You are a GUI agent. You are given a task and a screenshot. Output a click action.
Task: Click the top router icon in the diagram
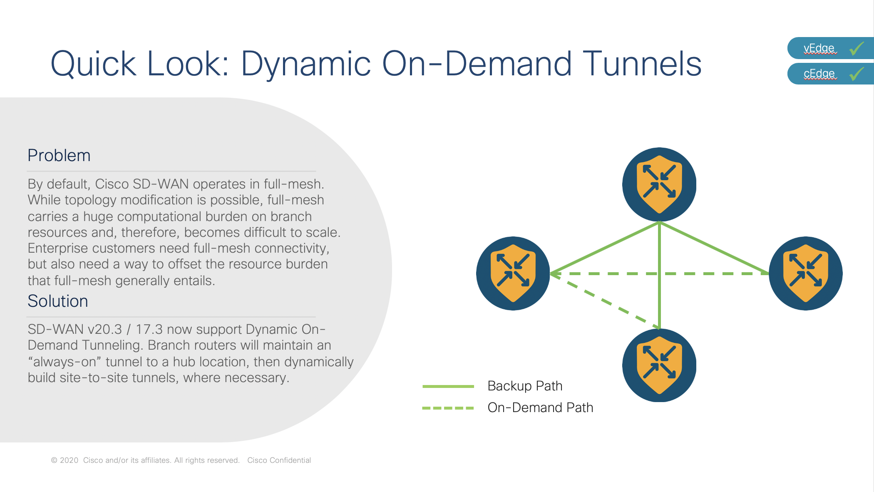(659, 184)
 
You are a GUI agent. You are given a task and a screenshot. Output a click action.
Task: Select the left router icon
(513, 273)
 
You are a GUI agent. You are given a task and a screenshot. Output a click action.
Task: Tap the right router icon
(806, 273)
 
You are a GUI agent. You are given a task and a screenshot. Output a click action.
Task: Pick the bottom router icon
(659, 365)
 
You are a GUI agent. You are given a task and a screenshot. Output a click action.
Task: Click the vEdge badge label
(819, 48)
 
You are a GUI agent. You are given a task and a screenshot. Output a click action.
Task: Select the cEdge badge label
(819, 74)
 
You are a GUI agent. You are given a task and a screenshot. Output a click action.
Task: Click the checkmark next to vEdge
(857, 48)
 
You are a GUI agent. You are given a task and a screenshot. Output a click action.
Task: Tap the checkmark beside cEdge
(857, 74)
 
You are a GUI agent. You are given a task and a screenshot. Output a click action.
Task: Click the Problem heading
(59, 156)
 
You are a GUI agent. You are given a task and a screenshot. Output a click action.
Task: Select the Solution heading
(58, 301)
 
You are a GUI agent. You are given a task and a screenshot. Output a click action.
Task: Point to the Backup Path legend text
(525, 386)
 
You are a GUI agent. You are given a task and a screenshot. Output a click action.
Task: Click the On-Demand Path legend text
(540, 408)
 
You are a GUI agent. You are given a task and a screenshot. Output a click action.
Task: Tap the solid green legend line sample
(448, 387)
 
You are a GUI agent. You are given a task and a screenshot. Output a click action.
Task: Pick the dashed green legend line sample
(448, 408)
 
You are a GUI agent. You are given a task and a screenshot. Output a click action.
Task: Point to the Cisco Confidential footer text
(279, 460)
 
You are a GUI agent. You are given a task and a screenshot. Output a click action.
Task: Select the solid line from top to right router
(714, 248)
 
